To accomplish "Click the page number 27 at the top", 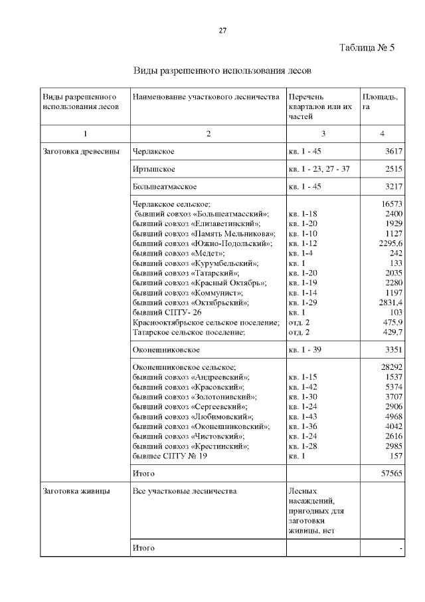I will click(223, 31).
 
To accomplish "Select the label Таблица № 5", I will click(367, 48).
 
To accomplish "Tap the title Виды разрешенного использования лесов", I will click(222, 70).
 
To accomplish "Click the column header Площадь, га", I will click(380, 102).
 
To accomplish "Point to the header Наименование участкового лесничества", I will click(206, 97).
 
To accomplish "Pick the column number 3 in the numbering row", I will click(323, 134).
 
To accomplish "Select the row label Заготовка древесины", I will click(81, 152).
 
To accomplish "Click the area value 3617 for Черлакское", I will click(394, 152).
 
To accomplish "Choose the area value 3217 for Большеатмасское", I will click(394, 187).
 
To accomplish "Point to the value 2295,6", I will click(389, 243).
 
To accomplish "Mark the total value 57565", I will click(391, 474).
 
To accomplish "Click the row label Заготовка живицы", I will click(76, 492).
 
